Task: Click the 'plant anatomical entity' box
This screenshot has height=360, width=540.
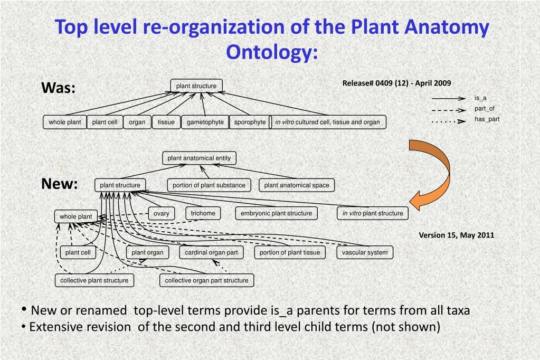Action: tap(199, 158)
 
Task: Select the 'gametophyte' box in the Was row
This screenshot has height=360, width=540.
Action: tap(205, 122)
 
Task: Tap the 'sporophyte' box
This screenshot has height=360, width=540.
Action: tap(250, 122)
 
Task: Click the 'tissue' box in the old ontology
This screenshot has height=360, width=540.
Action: tap(166, 122)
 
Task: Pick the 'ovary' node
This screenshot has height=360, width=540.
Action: tap(162, 213)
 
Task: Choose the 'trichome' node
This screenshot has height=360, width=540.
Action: tap(203, 213)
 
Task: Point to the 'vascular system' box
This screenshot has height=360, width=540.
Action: tap(364, 252)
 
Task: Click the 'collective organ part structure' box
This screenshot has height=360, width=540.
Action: tap(206, 280)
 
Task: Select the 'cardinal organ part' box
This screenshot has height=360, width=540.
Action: tap(211, 252)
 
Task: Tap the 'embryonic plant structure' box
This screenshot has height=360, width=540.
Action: tap(276, 213)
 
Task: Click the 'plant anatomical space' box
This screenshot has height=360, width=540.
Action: tap(296, 185)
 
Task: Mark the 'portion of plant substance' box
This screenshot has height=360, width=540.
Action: tap(209, 185)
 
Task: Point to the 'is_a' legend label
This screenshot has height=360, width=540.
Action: tap(480, 98)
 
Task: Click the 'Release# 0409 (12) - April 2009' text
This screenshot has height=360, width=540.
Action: tap(396, 83)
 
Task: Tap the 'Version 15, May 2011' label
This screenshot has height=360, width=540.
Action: tap(457, 235)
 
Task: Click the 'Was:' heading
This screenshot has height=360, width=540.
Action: tap(59, 88)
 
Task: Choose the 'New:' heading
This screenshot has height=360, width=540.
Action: tap(60, 184)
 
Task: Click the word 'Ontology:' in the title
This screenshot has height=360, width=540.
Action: tap(272, 52)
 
